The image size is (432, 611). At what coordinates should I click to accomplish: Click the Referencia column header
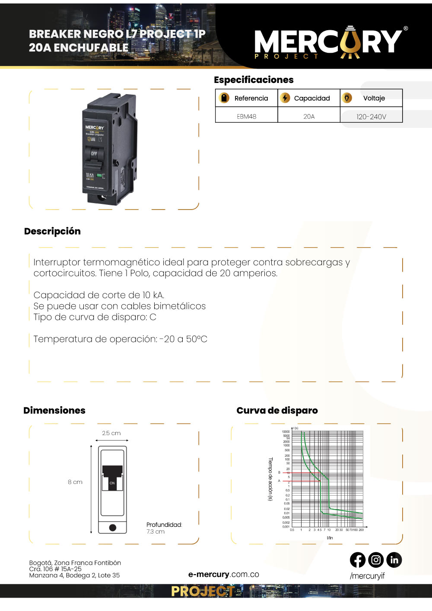click(251, 98)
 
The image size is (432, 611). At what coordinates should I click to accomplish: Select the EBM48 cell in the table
click(247, 116)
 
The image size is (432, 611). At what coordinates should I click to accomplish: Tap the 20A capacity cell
click(309, 116)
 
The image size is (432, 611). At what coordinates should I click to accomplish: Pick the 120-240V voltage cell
click(371, 117)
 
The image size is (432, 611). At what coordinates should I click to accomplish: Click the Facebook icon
click(358, 560)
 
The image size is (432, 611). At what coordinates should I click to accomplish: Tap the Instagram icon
click(376, 560)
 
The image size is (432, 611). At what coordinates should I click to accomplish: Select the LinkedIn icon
click(394, 560)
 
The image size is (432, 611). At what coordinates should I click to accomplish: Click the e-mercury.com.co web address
click(224, 574)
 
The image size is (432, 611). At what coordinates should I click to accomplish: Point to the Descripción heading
click(52, 231)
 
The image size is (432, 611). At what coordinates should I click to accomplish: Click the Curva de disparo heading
click(277, 411)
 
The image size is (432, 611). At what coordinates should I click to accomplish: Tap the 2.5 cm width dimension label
click(111, 433)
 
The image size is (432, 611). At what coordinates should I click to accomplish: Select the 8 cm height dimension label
click(75, 482)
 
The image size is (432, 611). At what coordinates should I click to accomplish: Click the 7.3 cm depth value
click(156, 531)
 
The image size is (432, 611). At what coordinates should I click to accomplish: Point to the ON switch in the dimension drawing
click(112, 483)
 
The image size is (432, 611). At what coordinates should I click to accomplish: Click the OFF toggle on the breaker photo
click(94, 154)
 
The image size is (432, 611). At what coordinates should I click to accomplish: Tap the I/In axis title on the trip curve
click(330, 538)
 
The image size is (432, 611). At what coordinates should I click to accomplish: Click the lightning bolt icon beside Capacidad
click(285, 98)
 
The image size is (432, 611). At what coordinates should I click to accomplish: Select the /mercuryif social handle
click(367, 576)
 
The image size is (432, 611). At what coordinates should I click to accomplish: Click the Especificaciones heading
click(254, 80)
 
